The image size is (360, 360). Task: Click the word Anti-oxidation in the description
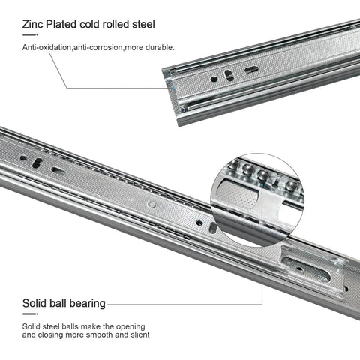pyautogui.click(x=51, y=47)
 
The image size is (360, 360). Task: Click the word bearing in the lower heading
pyautogui.click(x=85, y=304)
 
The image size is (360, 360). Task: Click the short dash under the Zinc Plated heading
pyautogui.click(x=30, y=34)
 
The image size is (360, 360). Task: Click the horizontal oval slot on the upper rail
pyautogui.click(x=251, y=70)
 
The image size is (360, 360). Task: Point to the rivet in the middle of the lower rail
pyautogui.click(x=151, y=203)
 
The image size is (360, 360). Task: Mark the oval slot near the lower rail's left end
pyautogui.click(x=58, y=170)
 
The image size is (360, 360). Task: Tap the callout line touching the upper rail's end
pyautogui.click(x=112, y=88)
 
